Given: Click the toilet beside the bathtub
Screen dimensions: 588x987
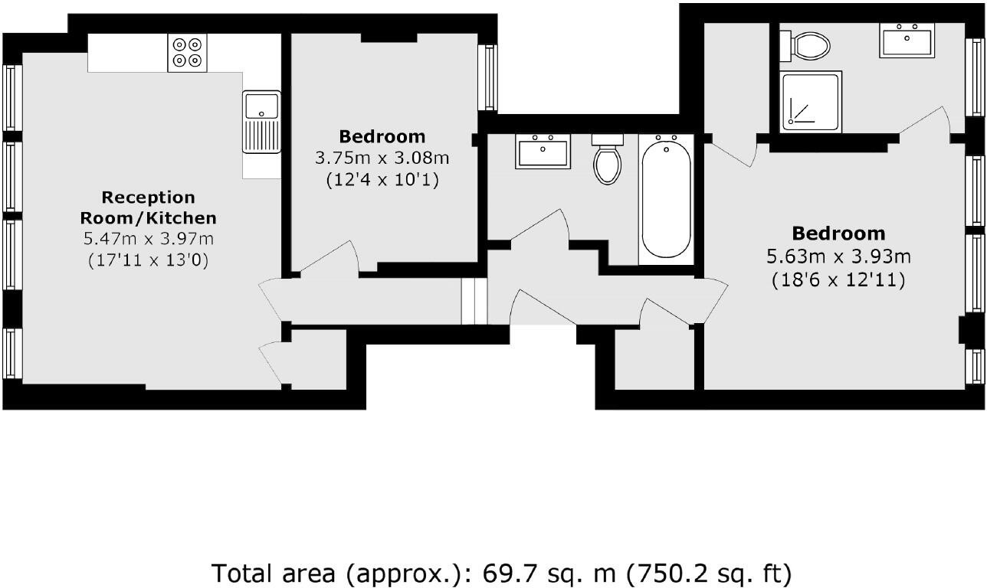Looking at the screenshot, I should click(x=608, y=160).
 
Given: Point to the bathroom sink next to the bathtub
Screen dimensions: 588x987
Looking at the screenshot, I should click(x=543, y=151).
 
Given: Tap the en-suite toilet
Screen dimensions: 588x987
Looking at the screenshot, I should click(x=806, y=46).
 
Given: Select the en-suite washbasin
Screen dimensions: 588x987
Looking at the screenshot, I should click(x=907, y=40).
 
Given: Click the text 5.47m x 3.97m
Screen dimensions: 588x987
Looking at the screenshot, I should click(x=149, y=239).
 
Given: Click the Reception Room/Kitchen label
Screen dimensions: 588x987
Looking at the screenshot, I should click(x=149, y=207).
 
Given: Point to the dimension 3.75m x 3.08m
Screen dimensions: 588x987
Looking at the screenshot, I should click(x=382, y=158).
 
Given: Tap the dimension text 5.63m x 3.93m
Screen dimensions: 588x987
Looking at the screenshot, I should click(x=838, y=256).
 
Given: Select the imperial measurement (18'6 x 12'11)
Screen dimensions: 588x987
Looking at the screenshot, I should click(x=838, y=280).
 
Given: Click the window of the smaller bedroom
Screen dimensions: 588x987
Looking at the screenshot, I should click(x=487, y=77).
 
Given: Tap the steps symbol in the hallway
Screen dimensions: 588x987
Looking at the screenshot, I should click(x=474, y=301).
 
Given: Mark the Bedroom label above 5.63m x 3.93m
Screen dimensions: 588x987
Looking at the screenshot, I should click(x=838, y=233).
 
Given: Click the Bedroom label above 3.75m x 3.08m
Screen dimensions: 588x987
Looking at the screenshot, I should click(x=382, y=136).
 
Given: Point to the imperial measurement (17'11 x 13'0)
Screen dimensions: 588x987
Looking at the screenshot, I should click(x=149, y=260).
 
